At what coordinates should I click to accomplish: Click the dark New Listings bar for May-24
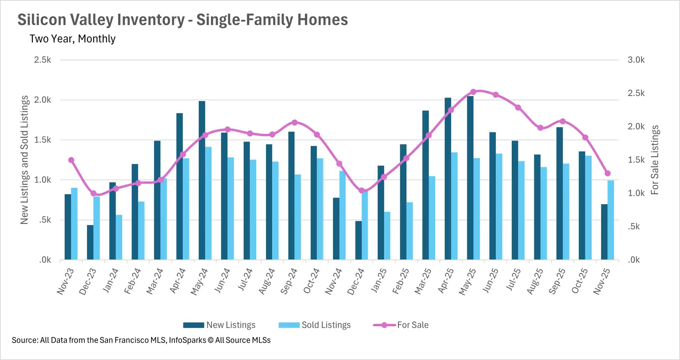pos(202,181)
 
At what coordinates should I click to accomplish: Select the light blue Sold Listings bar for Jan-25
pos(387,236)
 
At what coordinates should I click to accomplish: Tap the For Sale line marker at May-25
pos(473,92)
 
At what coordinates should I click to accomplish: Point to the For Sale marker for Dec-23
pos(93,193)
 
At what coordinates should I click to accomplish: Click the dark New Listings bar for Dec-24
pos(358,241)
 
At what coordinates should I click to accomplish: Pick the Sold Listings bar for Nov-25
pos(611,220)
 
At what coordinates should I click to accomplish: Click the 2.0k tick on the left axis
pos(42,100)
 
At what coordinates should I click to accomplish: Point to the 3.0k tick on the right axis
pos(636,60)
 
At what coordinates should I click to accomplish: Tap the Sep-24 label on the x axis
pos(289,282)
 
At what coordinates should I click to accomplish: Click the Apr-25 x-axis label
pos(446,281)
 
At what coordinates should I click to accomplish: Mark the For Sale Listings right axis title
pos(655,160)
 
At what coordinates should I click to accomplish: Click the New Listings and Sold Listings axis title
pos(24,160)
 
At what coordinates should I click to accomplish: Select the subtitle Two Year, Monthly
pos(73,39)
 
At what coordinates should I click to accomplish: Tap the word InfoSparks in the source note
pos(187,340)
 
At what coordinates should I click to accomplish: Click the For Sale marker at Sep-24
pos(295,123)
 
